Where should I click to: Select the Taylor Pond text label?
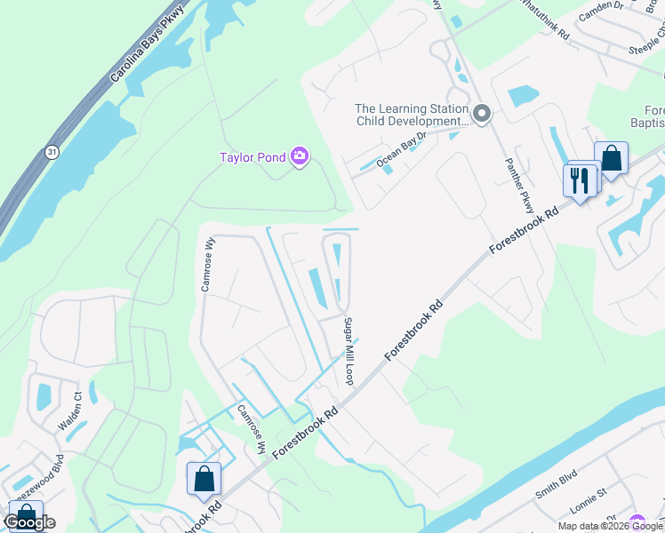[x=252, y=158]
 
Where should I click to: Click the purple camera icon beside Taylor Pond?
[x=300, y=157]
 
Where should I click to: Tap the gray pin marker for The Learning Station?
[x=482, y=114]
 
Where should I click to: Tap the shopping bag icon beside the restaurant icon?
[x=612, y=159]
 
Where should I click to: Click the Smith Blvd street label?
[x=557, y=485]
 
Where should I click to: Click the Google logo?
[x=29, y=522]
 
